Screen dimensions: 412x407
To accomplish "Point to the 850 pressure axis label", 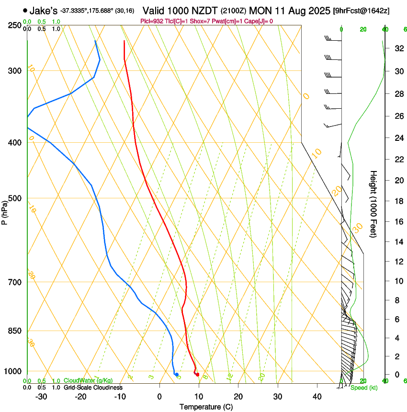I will click(15, 331).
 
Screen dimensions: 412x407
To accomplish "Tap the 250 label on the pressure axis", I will click(15, 25).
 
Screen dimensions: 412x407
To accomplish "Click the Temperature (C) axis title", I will click(206, 407).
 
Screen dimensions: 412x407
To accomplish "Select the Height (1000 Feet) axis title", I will click(374, 204).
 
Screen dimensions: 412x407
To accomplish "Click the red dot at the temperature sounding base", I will click(197, 374).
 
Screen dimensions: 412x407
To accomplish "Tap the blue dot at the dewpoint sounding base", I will click(177, 374).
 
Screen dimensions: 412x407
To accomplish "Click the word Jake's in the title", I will click(44, 11).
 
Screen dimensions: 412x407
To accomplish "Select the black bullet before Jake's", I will click(25, 10).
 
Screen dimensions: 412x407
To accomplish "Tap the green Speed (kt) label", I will click(363, 388).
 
